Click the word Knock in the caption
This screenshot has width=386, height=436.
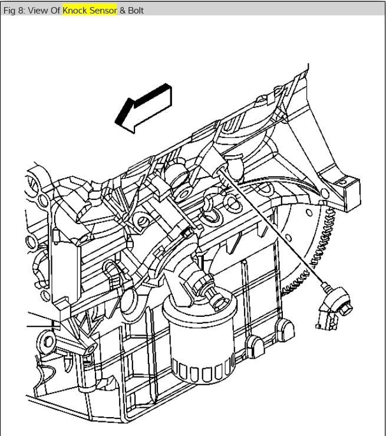[75, 11]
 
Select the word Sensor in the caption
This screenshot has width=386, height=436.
[104, 11]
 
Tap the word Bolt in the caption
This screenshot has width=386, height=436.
[136, 11]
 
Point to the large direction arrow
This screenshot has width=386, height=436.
[144, 108]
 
